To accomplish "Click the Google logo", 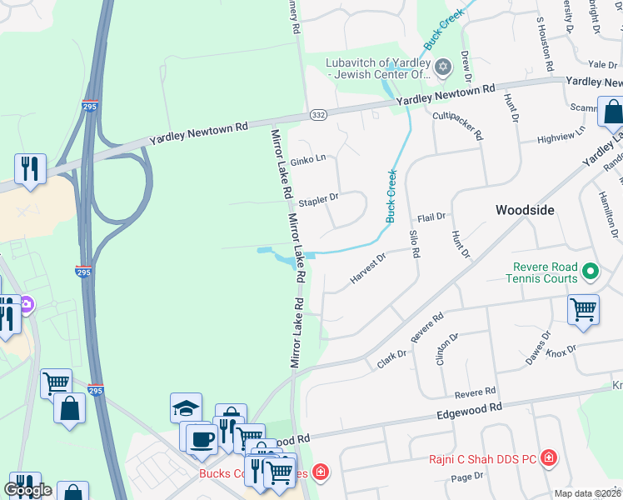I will click(x=28, y=490).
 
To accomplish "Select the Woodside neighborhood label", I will click(x=525, y=210).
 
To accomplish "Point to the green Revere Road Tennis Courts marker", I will click(x=591, y=271).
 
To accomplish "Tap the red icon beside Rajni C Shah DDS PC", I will click(x=549, y=457).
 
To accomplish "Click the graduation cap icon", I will click(x=187, y=407).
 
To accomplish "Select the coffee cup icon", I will click(x=201, y=437).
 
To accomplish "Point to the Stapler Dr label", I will click(x=319, y=199).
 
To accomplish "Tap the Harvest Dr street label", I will click(x=368, y=268).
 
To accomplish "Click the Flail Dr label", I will click(x=431, y=217).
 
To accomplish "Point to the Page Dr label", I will click(x=466, y=477).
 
